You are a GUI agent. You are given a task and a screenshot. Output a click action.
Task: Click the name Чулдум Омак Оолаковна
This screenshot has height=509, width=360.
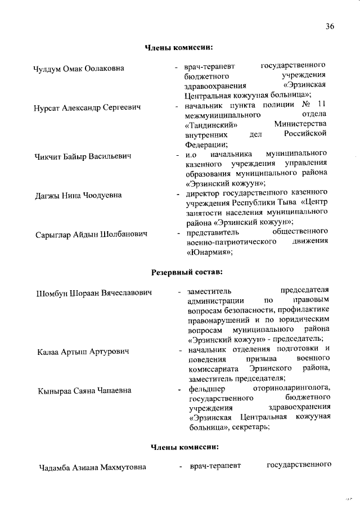click(79, 69)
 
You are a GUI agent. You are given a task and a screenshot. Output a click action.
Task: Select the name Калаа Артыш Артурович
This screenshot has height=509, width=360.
click(83, 352)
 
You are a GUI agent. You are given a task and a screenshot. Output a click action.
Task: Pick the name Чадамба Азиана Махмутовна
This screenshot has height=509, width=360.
click(93, 467)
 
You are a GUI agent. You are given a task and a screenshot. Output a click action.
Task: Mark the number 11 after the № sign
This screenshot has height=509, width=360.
click(321, 105)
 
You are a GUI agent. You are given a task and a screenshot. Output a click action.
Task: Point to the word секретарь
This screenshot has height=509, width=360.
click(252, 427)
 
